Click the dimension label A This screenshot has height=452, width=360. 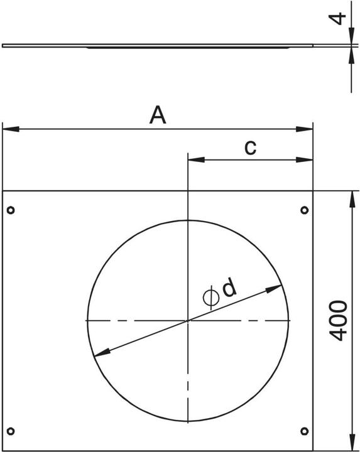[158, 116]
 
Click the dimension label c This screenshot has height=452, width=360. [250, 147]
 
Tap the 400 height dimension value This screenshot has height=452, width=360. [339, 321]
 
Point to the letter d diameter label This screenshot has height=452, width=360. [231, 288]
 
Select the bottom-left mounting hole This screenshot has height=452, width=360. [11, 431]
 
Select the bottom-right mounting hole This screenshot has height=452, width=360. [305, 431]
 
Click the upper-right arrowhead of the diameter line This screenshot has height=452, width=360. [274, 289]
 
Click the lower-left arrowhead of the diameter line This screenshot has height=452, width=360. [101, 353]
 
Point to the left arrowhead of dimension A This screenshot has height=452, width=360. [10, 129]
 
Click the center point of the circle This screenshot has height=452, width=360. [188, 321]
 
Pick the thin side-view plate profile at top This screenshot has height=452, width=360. [157, 46]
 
